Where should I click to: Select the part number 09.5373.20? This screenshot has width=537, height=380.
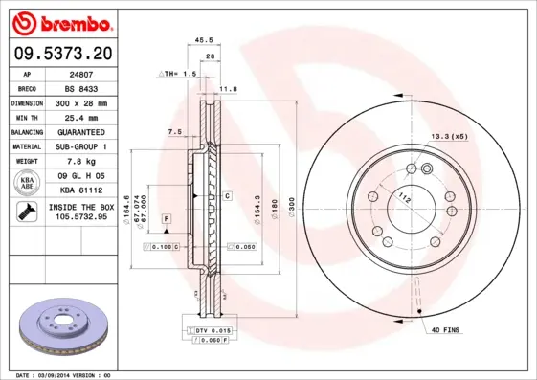click(x=62, y=52)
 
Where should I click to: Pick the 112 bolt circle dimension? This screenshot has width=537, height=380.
click(x=404, y=198)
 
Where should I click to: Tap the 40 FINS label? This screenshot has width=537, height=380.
click(x=444, y=330)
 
